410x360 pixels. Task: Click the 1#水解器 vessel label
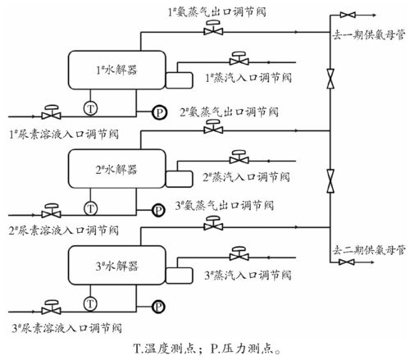pyautogui.click(x=116, y=70)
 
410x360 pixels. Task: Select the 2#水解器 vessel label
pyautogui.click(x=116, y=170)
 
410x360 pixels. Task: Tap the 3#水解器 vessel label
pyautogui.click(x=117, y=266)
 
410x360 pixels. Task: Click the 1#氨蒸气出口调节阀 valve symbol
pyautogui.click(x=213, y=28)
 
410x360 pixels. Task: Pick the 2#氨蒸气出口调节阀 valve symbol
pyautogui.click(x=213, y=127)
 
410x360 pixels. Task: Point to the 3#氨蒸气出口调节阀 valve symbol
pyautogui.click(x=213, y=223)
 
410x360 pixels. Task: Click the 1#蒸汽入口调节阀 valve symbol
pyautogui.click(x=239, y=58)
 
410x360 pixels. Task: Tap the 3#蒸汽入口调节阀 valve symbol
pyautogui.click(x=239, y=253)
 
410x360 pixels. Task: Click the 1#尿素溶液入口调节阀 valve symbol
pyautogui.click(x=51, y=112)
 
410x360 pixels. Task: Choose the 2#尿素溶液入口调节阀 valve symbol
pyautogui.click(x=51, y=211)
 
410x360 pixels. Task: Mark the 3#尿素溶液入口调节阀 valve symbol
pyautogui.click(x=51, y=308)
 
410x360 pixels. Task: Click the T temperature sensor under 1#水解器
pyautogui.click(x=90, y=108)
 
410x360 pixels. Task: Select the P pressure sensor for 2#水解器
pyautogui.click(x=158, y=210)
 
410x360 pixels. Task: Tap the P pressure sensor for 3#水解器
pyautogui.click(x=158, y=307)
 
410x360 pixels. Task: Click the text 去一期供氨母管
pyautogui.click(x=368, y=35)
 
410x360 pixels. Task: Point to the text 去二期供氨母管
pyautogui.click(x=369, y=250)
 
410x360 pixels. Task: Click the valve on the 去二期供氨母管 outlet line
pyautogui.click(x=347, y=262)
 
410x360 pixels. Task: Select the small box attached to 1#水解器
pyautogui.click(x=179, y=80)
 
